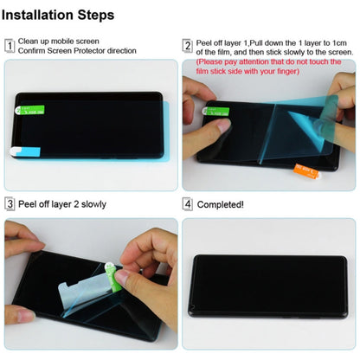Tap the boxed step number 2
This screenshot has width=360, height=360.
(x=187, y=46)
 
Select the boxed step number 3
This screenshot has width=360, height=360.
(x=10, y=204)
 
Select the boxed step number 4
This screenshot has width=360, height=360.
(x=187, y=204)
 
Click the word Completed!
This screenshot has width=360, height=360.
(x=221, y=205)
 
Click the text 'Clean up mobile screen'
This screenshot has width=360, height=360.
(x=59, y=41)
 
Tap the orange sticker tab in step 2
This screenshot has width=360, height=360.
(x=305, y=168)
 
